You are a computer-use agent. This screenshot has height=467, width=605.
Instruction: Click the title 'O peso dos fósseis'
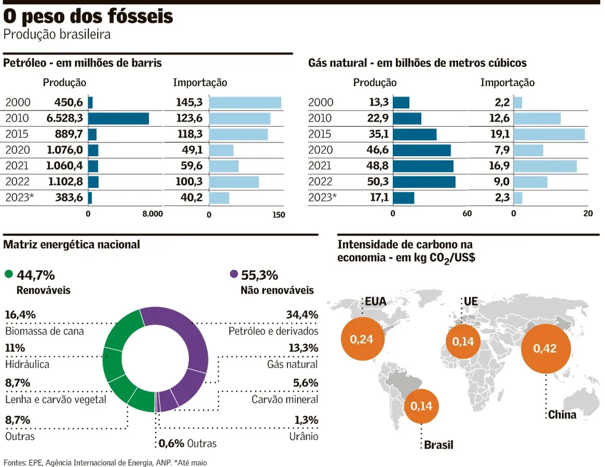pyautogui.click(x=89, y=17)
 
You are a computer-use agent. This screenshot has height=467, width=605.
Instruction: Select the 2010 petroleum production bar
pyautogui.click(x=119, y=119)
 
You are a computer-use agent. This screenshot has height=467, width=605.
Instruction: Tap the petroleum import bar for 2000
pyautogui.click(x=245, y=103)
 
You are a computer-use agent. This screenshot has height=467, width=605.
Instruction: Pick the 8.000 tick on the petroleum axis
pyautogui.click(x=152, y=214)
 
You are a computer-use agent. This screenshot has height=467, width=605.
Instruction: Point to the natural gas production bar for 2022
pyautogui.click(x=424, y=182)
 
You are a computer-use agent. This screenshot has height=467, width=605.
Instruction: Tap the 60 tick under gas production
pyautogui.click(x=467, y=214)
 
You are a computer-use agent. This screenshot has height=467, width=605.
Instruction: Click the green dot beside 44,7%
pyautogui.click(x=9, y=275)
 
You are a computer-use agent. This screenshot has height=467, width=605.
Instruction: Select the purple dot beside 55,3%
pyautogui.click(x=233, y=275)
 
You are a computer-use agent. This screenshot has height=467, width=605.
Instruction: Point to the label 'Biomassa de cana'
pyautogui.click(x=44, y=331)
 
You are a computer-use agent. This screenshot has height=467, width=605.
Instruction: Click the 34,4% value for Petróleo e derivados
pyautogui.click(x=302, y=315)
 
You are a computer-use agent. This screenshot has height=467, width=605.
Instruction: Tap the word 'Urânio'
pyautogui.click(x=304, y=436)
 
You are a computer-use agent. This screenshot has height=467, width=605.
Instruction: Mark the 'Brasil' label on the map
pyautogui.click(x=438, y=444)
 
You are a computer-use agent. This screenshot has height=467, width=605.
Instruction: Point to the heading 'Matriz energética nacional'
pyautogui.click(x=71, y=245)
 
